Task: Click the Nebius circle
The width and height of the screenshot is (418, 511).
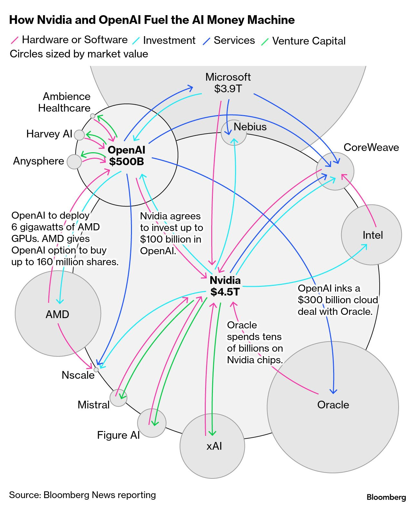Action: [x=234, y=133]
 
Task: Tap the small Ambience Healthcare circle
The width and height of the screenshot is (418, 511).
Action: [x=93, y=116]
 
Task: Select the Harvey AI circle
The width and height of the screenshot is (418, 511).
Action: [x=79, y=135]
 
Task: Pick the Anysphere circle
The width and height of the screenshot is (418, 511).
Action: [x=74, y=162]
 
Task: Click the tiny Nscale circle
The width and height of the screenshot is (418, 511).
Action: [x=96, y=370]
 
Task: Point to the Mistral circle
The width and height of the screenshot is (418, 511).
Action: [x=118, y=398]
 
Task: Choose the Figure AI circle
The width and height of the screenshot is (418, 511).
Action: [x=152, y=423]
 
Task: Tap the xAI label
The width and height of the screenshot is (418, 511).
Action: [x=214, y=446]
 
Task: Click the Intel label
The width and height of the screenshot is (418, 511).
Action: [x=373, y=235]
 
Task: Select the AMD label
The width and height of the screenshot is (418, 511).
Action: [x=57, y=314]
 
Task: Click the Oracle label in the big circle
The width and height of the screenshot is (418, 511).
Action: [x=333, y=405]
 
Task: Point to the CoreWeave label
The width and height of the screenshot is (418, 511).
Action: [x=371, y=147]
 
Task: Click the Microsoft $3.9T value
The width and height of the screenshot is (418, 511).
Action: [x=228, y=89]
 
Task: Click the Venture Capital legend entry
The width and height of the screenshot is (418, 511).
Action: [x=308, y=41]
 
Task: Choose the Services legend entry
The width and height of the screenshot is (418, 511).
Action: [x=234, y=40]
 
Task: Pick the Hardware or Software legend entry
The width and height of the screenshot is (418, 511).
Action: [x=75, y=40]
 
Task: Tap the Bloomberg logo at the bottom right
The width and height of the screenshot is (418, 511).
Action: [x=386, y=497]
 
